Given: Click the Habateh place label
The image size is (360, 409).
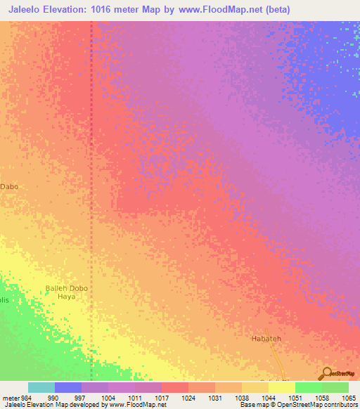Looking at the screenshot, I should click(x=266, y=339).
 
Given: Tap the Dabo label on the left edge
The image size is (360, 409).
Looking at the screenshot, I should click(x=9, y=187).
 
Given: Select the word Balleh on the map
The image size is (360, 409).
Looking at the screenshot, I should click(x=57, y=287).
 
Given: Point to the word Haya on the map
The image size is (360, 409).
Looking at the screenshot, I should click(x=66, y=297).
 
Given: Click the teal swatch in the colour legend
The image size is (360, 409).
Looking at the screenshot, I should click(x=41, y=387).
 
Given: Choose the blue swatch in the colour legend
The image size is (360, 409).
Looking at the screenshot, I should click(x=67, y=387).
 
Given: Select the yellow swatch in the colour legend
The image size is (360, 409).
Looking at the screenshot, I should click(x=281, y=387).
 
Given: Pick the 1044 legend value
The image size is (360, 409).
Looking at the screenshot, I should click(x=269, y=398).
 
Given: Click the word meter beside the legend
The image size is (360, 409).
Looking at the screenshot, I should click(x=10, y=398).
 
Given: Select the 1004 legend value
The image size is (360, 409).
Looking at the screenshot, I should click(x=108, y=398).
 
